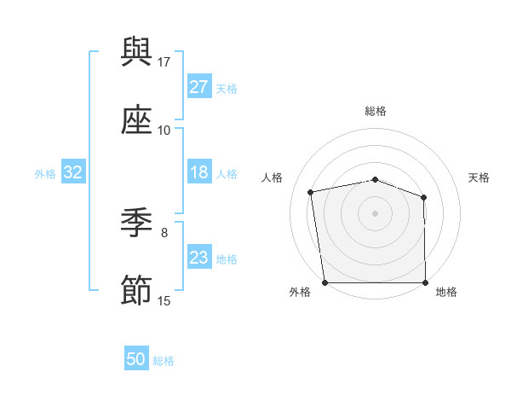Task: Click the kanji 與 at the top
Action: pos(136,52)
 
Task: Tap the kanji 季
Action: pos(136,223)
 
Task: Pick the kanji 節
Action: pos(136,291)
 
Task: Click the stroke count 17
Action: pos(164,61)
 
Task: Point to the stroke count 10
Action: pos(164,130)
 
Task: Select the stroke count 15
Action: pos(164,300)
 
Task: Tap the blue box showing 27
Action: pos(198,87)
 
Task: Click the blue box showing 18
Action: pos(198,172)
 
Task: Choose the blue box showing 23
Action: pos(198,258)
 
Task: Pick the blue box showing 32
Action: pos(73,172)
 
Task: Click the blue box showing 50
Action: pos(136,359)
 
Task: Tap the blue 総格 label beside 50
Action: pos(164,361)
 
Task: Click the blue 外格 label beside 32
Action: pos(45,174)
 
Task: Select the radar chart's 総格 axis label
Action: pos(376,111)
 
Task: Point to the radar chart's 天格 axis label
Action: pos(479,177)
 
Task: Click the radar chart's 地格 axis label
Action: pos(446,293)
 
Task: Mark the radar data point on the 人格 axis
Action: pos(311,192)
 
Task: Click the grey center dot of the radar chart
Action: pos(376,212)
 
